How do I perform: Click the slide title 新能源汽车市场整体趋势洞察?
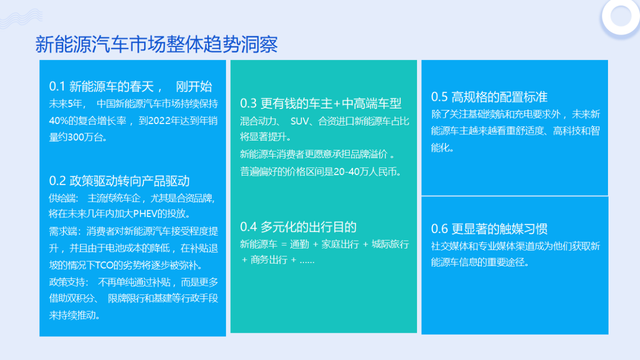point(156,45)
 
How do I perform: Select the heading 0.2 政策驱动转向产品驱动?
point(119,181)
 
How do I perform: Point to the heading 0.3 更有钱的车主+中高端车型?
point(321,103)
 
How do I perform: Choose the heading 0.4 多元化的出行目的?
point(298,227)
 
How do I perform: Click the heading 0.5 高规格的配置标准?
point(489,97)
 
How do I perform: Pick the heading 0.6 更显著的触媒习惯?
point(489,229)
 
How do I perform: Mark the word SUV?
point(299,121)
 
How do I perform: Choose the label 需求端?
point(62,230)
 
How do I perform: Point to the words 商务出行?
point(269,260)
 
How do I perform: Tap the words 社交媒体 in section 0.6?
point(450,246)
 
